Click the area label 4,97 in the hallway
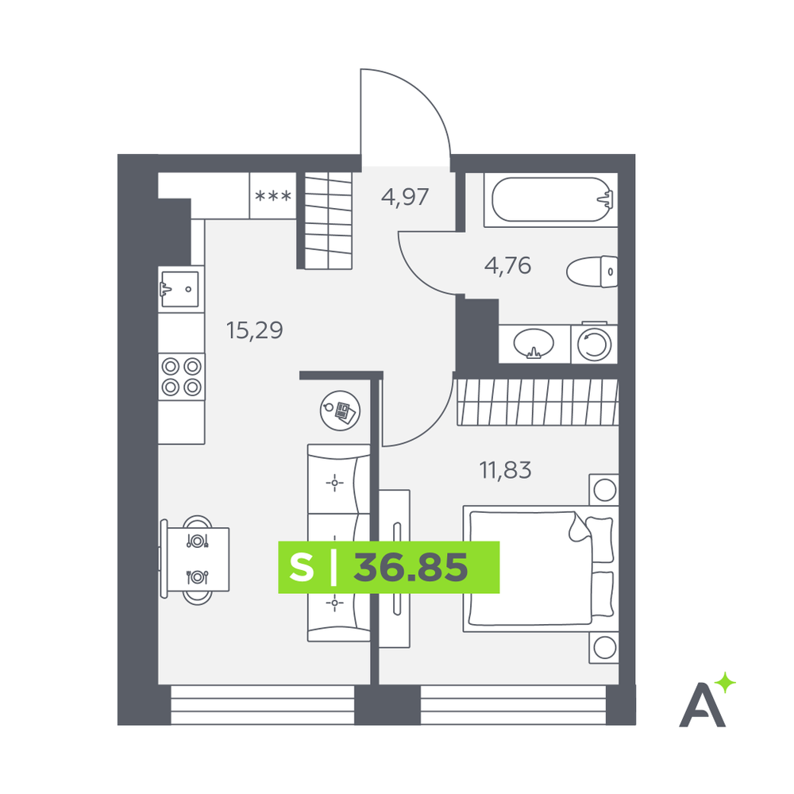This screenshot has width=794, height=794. tap(405, 197)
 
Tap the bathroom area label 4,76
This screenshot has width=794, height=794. tap(507, 266)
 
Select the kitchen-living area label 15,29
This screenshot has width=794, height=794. tap(254, 330)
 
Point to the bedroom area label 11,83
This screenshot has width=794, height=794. tap(505, 470)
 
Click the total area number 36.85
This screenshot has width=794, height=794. tap(410, 567)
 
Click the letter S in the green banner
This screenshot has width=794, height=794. tap(302, 567)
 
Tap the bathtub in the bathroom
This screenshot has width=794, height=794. tap(551, 199)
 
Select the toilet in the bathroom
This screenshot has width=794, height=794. tap(592, 272)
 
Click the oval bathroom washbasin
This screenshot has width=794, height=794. tap(534, 344)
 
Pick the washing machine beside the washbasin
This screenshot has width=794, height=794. tap(594, 344)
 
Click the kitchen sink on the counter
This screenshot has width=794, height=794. tap(179, 289)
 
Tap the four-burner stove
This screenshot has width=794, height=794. tap(181, 376)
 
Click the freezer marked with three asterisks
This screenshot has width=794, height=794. tap(273, 196)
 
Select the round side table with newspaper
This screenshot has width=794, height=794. tap(341, 410)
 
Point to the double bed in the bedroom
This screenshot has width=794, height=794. tap(540, 569)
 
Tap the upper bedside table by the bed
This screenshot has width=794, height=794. tap(603, 490)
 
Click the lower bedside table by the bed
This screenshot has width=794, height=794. tap(603, 647)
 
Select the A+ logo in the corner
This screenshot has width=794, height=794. tap(707, 700)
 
